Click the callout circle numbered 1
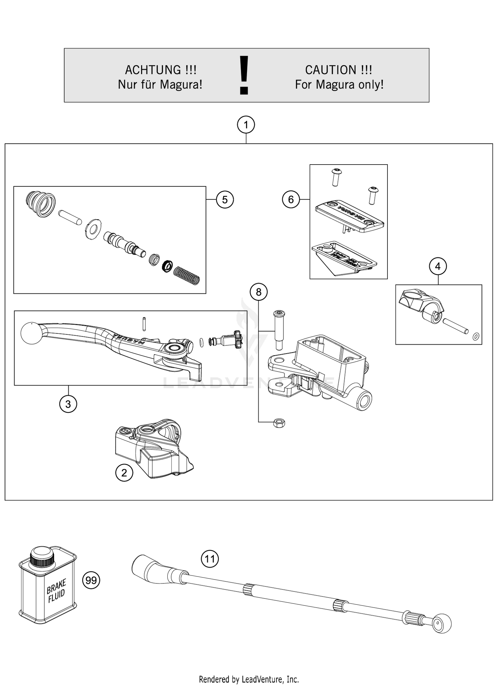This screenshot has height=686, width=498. (x=246, y=125)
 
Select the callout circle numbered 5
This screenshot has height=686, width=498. (x=225, y=200)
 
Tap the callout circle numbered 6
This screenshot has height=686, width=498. (x=291, y=199)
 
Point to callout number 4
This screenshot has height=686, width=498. (x=438, y=266)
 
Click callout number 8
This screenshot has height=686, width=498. (x=259, y=292)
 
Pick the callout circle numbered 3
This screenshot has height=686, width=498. (x=68, y=404)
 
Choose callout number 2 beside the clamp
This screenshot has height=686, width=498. (x=124, y=473)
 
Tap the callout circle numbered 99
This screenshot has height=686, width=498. (x=91, y=580)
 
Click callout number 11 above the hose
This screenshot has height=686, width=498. (x=210, y=559)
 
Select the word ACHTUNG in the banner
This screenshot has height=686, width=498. (x=153, y=70)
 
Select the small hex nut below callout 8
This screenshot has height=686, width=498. (x=279, y=423)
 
